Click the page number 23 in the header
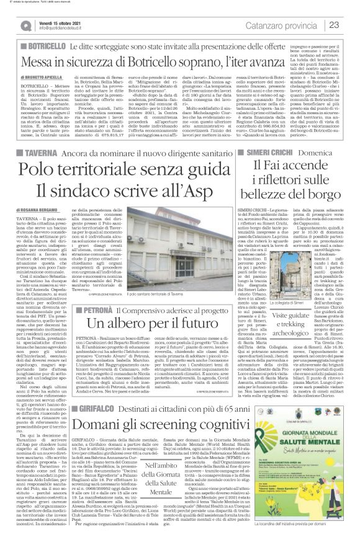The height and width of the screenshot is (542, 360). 349,25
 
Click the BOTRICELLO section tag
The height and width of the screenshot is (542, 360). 35,47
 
